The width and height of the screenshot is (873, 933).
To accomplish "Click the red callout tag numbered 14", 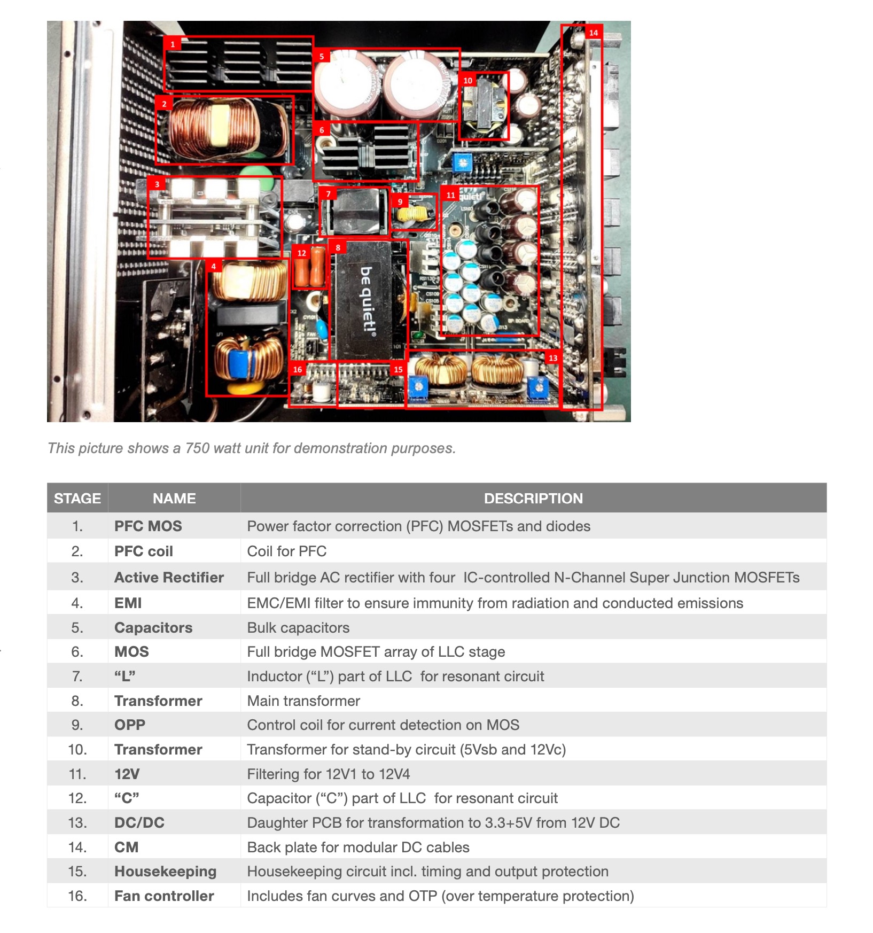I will coord(593,33).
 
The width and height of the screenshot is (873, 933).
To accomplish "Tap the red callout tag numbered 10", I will coord(467,80).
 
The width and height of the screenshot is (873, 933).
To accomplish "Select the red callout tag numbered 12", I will coord(302,253).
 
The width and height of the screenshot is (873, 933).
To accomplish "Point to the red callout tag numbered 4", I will coord(214,266).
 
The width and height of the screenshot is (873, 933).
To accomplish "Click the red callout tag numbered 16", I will coord(298,369).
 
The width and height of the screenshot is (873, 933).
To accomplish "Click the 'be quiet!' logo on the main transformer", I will coord(368,299).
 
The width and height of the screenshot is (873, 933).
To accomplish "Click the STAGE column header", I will coord(77,498).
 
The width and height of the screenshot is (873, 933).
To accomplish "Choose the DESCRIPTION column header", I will coord(533,498).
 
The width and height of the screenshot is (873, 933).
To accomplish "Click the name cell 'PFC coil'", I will coord(144,551).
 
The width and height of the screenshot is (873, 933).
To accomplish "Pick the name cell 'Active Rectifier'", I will coord(169,577).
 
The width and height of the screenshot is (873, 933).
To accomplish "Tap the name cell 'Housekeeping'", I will coord(165,871).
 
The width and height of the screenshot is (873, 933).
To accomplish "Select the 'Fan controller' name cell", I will coord(164,896).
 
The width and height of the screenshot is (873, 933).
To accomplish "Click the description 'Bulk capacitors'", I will coord(298,627).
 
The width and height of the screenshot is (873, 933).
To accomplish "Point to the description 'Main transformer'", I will coord(303,701).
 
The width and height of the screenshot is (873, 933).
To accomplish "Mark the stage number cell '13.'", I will coord(78,822).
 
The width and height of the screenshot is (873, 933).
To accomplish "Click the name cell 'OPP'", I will coord(130,725).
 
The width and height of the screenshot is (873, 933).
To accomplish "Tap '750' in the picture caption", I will coord(197,448).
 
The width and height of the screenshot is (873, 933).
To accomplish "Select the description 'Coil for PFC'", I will coord(286,551).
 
